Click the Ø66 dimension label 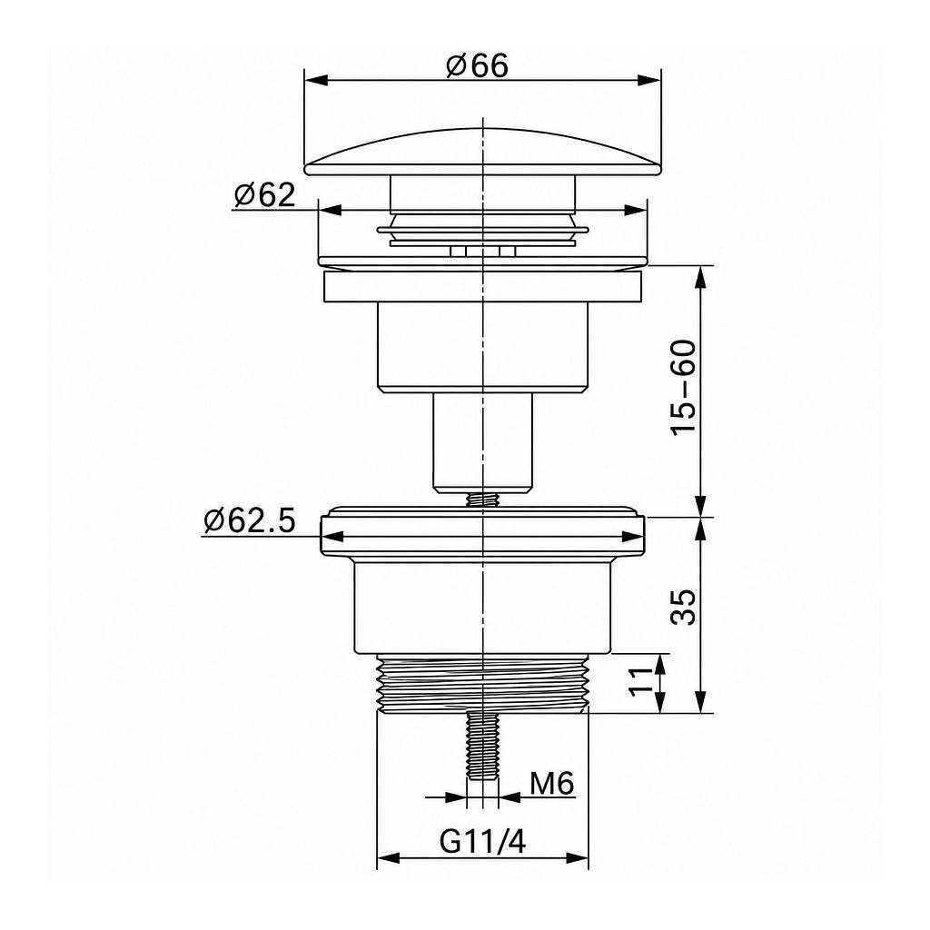[477, 65]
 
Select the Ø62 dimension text [264, 194]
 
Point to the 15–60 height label [684, 388]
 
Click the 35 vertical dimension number [684, 607]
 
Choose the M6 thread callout [551, 784]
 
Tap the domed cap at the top [483, 152]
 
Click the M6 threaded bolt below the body [483, 747]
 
